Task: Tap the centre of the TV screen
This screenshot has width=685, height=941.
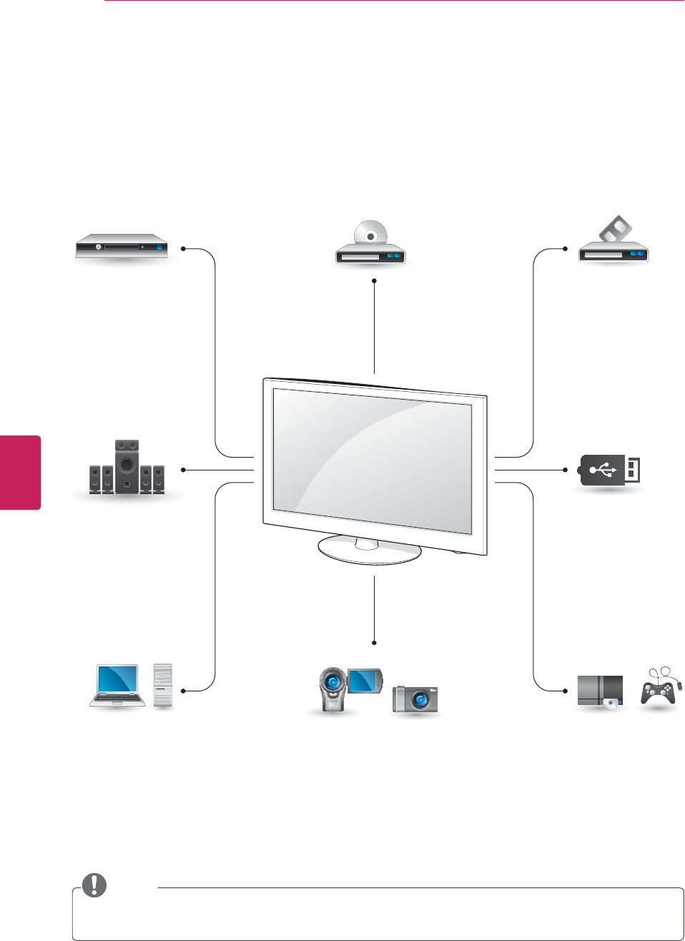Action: (372, 460)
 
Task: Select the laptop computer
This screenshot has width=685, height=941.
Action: (118, 686)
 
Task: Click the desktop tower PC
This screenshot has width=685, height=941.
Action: (163, 686)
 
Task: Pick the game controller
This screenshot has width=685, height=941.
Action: (659, 690)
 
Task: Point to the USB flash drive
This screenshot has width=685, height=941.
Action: (609, 470)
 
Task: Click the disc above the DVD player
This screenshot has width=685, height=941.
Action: (370, 234)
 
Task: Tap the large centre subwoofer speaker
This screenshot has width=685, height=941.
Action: (127, 465)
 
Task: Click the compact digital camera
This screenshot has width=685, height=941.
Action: (415, 699)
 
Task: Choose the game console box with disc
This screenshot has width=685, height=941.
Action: (601, 691)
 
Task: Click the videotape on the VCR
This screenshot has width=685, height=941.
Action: (615, 230)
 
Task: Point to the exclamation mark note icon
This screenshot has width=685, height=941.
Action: (94, 885)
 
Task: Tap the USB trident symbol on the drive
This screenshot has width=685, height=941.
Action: (603, 470)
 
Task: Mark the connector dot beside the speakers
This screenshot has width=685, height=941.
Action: (184, 470)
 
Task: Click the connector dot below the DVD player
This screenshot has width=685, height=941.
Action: (374, 281)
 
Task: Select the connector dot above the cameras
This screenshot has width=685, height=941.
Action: (374, 641)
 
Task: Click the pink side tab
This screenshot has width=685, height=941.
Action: (20, 472)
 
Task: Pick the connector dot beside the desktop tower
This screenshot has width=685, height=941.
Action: (184, 691)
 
